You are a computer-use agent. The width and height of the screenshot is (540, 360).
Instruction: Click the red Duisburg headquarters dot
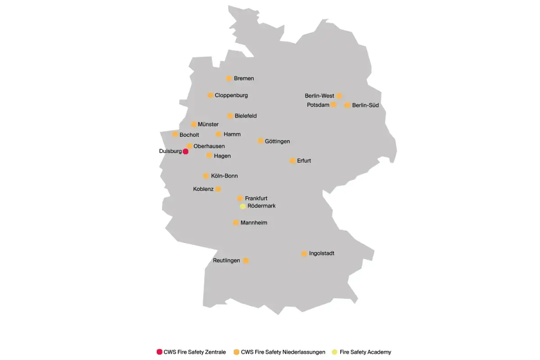[185, 152]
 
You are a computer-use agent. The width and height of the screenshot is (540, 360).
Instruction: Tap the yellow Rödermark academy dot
[243, 206]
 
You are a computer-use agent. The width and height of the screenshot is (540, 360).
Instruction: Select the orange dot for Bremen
[229, 78]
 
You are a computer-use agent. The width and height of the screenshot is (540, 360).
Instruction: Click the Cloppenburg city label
[231, 95]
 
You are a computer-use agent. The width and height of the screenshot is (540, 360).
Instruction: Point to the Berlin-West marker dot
[339, 96]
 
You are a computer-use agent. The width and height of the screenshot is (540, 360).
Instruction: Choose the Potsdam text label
[318, 105]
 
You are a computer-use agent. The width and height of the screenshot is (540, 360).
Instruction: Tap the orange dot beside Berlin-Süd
[347, 105]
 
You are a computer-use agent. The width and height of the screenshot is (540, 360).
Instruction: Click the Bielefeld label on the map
[246, 116]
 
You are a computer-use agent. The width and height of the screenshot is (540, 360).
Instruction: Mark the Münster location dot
[194, 124]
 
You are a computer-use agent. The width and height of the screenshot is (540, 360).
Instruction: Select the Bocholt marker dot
[175, 134]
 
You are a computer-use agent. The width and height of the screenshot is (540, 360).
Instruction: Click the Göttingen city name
[278, 141]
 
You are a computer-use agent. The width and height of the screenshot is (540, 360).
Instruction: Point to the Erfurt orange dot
[292, 161]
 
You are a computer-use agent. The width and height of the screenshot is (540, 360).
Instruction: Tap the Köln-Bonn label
[225, 176]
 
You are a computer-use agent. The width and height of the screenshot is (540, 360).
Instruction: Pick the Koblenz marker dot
[218, 189]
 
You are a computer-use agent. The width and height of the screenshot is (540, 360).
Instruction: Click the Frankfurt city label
[256, 198]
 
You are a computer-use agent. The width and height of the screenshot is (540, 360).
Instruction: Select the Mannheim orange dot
[236, 223]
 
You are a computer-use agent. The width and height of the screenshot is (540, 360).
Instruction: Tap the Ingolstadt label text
[322, 254]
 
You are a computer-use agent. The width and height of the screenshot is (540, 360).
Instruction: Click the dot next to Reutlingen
[246, 261]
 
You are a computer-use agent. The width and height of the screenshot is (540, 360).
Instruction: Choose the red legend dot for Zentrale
[159, 352]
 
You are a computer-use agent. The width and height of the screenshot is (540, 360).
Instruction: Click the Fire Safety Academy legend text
[365, 352]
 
